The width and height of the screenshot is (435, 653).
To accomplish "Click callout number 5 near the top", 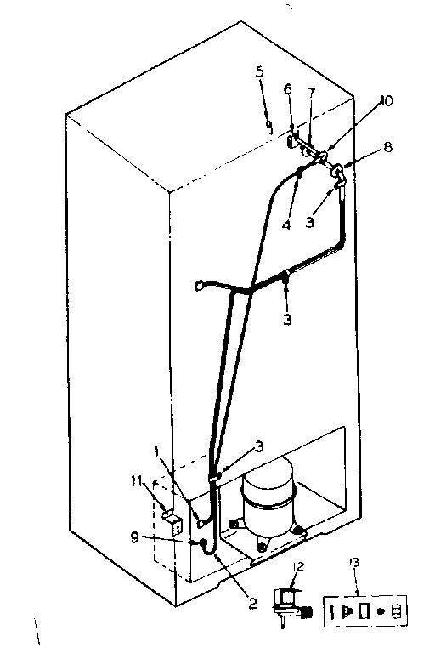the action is tap(259, 71).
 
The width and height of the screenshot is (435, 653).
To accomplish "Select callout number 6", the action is tap(288, 88).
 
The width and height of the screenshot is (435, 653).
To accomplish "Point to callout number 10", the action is tap(387, 100).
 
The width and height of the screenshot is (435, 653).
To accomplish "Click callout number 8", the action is tap(388, 146).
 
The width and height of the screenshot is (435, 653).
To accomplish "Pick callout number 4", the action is tap(286, 225).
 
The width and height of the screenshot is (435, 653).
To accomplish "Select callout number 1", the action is tap(157, 451).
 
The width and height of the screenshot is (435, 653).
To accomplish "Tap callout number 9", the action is tap(134, 537).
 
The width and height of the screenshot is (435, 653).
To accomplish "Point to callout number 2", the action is tap(252, 603).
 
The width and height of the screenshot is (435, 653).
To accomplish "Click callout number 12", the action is tap(298, 567).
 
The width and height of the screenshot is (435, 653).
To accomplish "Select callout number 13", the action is tap(354, 563).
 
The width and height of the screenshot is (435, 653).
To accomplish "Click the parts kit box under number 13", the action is tap(365, 610).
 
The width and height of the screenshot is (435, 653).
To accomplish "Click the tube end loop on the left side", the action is tap(200, 286).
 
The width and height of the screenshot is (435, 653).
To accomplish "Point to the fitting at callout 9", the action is tap(203, 543).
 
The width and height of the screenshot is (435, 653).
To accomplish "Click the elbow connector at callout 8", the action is tap(337, 174).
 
